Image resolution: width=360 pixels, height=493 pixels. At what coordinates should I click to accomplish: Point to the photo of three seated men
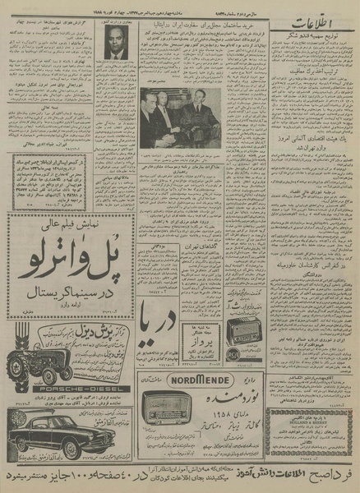tap(180, 119)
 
